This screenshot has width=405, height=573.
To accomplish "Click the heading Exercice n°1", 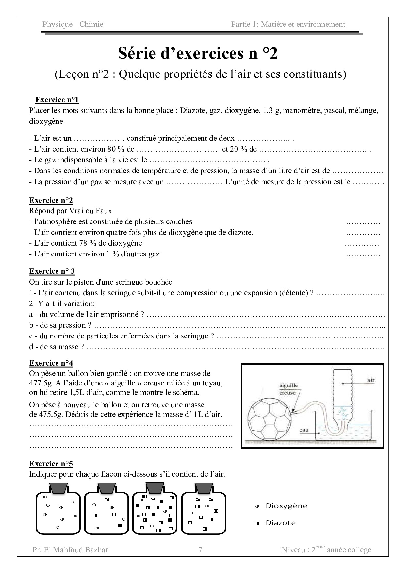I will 57,100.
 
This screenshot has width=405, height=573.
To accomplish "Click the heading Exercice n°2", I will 51,200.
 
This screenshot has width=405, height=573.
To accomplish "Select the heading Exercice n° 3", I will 52,271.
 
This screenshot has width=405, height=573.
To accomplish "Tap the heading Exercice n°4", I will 51,363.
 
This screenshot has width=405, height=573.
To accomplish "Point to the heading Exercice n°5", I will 51,464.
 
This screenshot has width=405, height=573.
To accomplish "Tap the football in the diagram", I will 268,419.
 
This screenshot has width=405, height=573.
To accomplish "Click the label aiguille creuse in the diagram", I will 288,389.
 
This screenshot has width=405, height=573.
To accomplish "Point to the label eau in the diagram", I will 304,430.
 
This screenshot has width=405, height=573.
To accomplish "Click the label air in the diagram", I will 371,380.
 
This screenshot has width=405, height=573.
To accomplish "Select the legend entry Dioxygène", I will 286,506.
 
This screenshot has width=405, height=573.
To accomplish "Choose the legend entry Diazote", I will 281,523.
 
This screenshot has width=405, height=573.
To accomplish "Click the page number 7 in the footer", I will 200,550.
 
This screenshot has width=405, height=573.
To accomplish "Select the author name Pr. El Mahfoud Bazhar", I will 70,550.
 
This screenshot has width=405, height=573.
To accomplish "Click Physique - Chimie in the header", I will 73,24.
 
